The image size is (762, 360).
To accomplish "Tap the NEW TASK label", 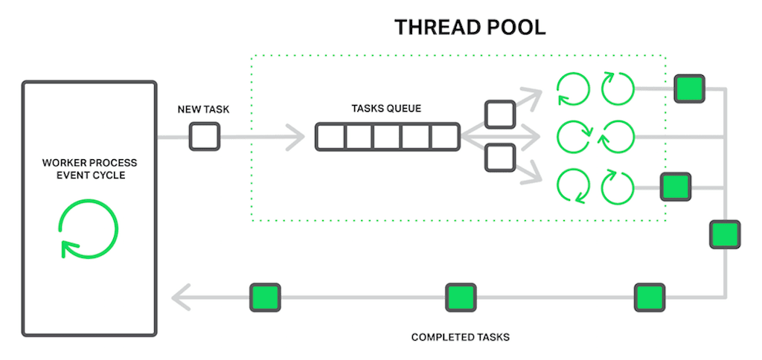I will pyautogui.click(x=203, y=109).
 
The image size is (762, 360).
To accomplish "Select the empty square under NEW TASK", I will pyautogui.click(x=204, y=137).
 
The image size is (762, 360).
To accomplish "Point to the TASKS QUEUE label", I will pyautogui.click(x=386, y=109).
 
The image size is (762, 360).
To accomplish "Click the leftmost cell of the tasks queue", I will pyautogui.click(x=329, y=138).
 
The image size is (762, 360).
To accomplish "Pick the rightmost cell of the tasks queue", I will pyautogui.click(x=444, y=138).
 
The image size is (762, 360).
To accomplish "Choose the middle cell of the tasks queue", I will pyautogui.click(x=387, y=138).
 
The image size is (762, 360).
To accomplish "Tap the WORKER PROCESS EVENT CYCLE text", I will pyautogui.click(x=89, y=169).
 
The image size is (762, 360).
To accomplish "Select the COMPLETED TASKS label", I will pyautogui.click(x=460, y=338).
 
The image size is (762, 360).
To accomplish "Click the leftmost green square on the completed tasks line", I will pyautogui.click(x=265, y=298).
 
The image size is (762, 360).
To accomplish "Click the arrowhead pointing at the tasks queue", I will pyautogui.click(x=296, y=138).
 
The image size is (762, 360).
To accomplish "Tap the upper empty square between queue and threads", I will pyautogui.click(x=499, y=114).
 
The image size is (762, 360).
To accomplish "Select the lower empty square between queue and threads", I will pyautogui.click(x=499, y=158).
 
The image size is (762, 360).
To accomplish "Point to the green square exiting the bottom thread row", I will pyautogui.click(x=676, y=186).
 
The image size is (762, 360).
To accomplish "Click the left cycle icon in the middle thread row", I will pyautogui.click(x=573, y=137).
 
